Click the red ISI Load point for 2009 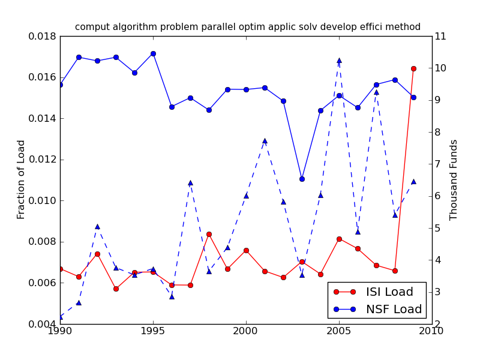413,68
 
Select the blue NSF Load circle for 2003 302,179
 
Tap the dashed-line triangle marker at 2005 339,61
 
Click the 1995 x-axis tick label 153,331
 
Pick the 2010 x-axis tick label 431,331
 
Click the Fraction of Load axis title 22,179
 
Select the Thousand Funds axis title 454,179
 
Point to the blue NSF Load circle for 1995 153,53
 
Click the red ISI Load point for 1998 209,234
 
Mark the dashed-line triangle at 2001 265,141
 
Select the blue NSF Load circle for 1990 60,85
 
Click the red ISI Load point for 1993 116,289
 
